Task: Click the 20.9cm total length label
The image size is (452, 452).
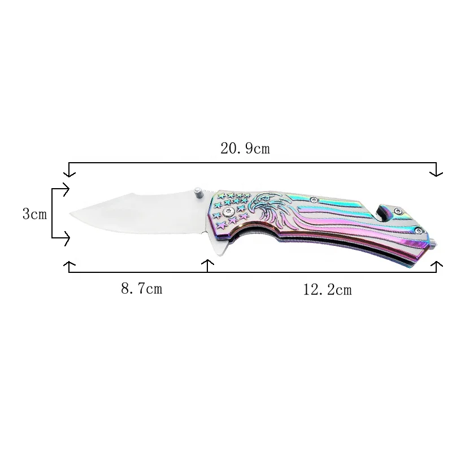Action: (245, 149)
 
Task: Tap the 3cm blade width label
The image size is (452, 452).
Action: (34, 214)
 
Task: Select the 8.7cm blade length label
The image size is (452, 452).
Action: (141, 289)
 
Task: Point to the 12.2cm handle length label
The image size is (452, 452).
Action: (327, 290)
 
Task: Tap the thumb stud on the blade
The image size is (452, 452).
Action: (198, 193)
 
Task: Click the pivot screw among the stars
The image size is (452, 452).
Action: (227, 211)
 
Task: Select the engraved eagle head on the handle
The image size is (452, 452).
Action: (266, 203)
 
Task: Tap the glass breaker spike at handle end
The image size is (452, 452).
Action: (436, 242)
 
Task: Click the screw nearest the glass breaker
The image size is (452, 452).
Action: (419, 229)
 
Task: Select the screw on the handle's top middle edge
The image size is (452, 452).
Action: (314, 199)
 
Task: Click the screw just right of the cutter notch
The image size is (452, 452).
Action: (398, 211)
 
